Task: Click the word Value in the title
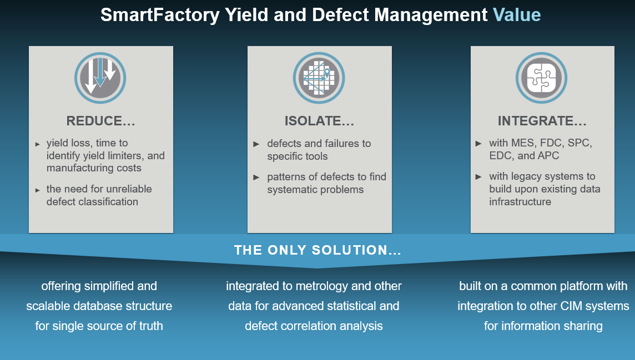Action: click(516, 15)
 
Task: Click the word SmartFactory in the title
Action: click(160, 15)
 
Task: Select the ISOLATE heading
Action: click(319, 121)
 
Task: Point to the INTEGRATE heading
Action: click(542, 121)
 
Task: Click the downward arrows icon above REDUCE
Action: click(100, 78)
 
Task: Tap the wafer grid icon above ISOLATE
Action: click(319, 78)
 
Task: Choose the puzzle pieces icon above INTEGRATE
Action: click(542, 78)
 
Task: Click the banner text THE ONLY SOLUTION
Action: click(317, 250)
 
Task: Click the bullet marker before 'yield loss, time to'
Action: click(38, 144)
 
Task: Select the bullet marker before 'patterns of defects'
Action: click(256, 178)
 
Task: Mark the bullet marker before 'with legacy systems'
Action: click(478, 177)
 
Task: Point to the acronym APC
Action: click(548, 156)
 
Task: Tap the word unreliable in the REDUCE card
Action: click(125, 189)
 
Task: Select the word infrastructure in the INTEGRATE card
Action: click(520, 202)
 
